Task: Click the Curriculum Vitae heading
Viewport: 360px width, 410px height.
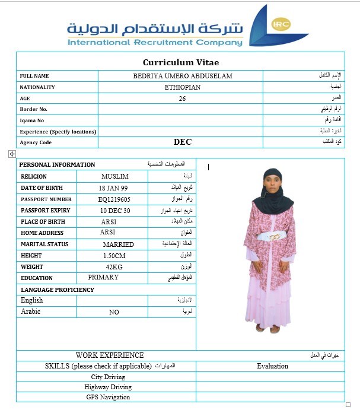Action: click(x=185, y=62)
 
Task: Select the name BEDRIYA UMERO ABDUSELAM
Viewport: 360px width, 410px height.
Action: click(x=183, y=76)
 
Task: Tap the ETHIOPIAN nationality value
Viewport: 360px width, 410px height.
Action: click(x=183, y=87)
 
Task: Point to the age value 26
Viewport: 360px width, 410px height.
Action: click(x=182, y=98)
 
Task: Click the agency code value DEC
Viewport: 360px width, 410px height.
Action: click(x=183, y=142)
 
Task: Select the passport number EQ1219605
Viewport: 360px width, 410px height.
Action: click(x=114, y=199)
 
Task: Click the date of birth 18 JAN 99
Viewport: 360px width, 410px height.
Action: click(x=113, y=187)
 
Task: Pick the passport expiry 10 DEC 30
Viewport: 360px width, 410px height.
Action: click(x=115, y=211)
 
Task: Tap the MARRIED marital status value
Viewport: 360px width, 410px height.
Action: click(x=118, y=244)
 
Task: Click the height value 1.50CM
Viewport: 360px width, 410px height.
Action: click(x=113, y=256)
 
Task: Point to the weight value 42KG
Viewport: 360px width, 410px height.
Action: click(x=114, y=267)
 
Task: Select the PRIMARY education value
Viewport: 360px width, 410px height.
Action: click(x=103, y=278)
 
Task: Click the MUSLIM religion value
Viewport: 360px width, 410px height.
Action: click(x=115, y=176)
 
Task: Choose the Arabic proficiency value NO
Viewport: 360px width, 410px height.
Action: click(x=114, y=312)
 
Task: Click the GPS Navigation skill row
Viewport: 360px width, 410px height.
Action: click(x=107, y=397)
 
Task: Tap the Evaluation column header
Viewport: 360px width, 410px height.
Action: click(x=272, y=366)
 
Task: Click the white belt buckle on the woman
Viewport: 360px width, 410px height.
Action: click(x=275, y=237)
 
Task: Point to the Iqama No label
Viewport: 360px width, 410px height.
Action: click(x=32, y=120)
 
